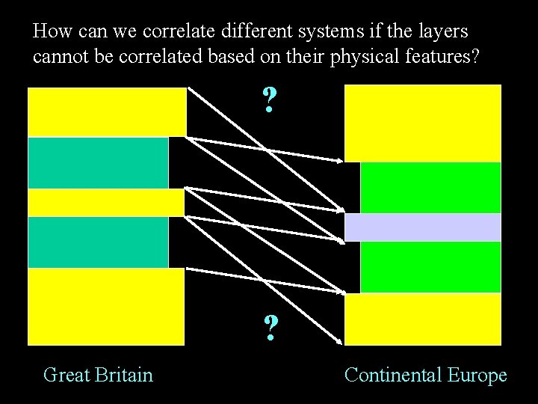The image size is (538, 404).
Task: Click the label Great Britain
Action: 98,374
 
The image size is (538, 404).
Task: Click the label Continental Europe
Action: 425,374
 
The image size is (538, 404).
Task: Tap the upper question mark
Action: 270,100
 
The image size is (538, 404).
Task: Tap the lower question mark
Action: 270,328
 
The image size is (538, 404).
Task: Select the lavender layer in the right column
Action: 422,227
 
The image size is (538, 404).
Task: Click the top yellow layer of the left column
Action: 107,112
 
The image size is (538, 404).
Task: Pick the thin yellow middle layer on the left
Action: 105,202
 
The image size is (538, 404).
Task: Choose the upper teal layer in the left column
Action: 98,162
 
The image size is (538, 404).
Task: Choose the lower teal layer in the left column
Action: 98,242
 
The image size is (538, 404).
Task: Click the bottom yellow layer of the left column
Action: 106,306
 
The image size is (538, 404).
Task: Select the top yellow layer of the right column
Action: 422,123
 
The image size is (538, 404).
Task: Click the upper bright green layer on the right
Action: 430,187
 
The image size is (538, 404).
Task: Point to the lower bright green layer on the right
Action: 430,266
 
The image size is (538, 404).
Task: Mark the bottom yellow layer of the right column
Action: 422,319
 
